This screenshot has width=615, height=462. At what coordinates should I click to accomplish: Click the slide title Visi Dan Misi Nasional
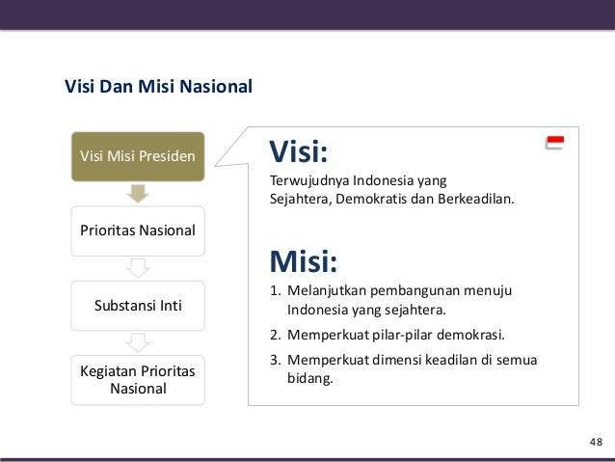(158, 88)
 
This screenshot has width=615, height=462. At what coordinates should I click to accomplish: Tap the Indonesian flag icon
(554, 143)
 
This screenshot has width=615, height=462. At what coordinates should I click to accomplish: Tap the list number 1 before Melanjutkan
(274, 291)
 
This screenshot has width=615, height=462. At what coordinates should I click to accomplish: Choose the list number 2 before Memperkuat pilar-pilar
(274, 337)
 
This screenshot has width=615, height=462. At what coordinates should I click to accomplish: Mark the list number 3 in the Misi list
(274, 361)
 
